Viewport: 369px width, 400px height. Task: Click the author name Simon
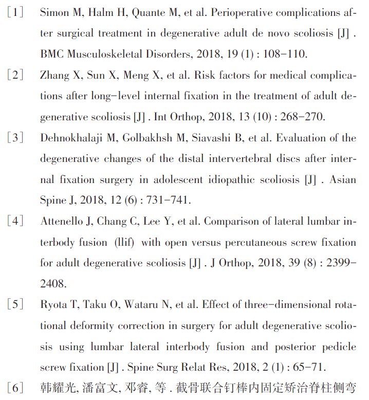tap(54, 12)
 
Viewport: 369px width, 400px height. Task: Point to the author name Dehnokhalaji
tap(76, 138)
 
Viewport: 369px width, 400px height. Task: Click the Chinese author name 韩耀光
tap(56, 388)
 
